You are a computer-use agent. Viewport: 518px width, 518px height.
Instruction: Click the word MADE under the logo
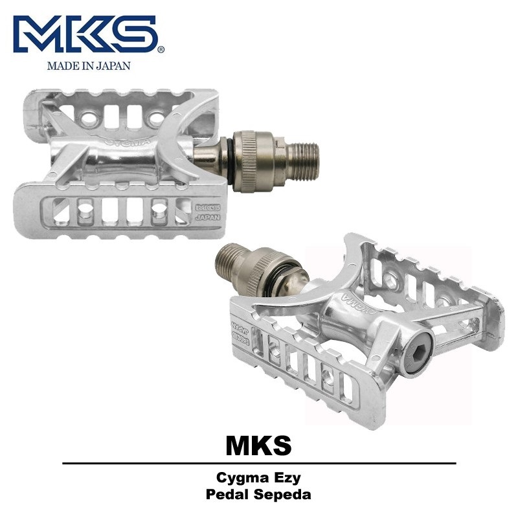[x=60, y=65]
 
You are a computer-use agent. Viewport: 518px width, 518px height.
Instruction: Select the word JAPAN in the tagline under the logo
[x=111, y=65]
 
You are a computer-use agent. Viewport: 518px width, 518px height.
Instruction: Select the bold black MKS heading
[x=258, y=445]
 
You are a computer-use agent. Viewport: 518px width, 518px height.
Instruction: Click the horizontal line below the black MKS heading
[x=258, y=464]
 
